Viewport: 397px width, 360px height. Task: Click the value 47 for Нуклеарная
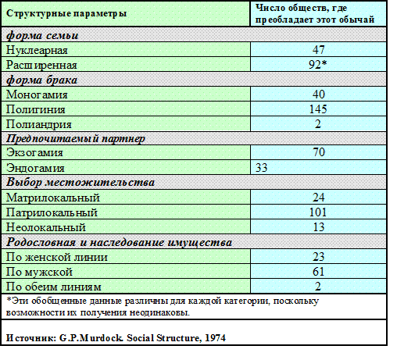click(319, 49)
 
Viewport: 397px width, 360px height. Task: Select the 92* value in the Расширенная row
click(318, 65)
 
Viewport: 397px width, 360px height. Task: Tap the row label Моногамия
click(37, 94)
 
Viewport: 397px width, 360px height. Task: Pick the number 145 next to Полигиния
click(318, 109)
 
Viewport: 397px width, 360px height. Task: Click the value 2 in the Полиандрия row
click(318, 124)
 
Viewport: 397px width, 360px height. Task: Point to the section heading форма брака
click(41, 80)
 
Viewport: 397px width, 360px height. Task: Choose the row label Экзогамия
click(34, 152)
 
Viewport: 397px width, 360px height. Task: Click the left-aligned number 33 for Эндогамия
click(261, 168)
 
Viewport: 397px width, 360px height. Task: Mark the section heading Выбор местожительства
click(80, 182)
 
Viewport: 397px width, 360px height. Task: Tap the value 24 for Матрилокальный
click(319, 198)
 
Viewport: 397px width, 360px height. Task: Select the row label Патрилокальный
click(52, 212)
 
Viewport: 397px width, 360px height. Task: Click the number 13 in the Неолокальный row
click(319, 227)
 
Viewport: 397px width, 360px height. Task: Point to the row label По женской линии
click(57, 257)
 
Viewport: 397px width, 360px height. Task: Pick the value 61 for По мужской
click(319, 272)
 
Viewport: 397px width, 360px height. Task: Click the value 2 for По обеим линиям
click(318, 287)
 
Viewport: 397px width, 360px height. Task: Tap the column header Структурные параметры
click(66, 13)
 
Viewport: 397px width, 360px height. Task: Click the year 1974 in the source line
click(216, 338)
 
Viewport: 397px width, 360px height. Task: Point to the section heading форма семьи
click(42, 35)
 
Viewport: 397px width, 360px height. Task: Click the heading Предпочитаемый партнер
click(76, 138)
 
